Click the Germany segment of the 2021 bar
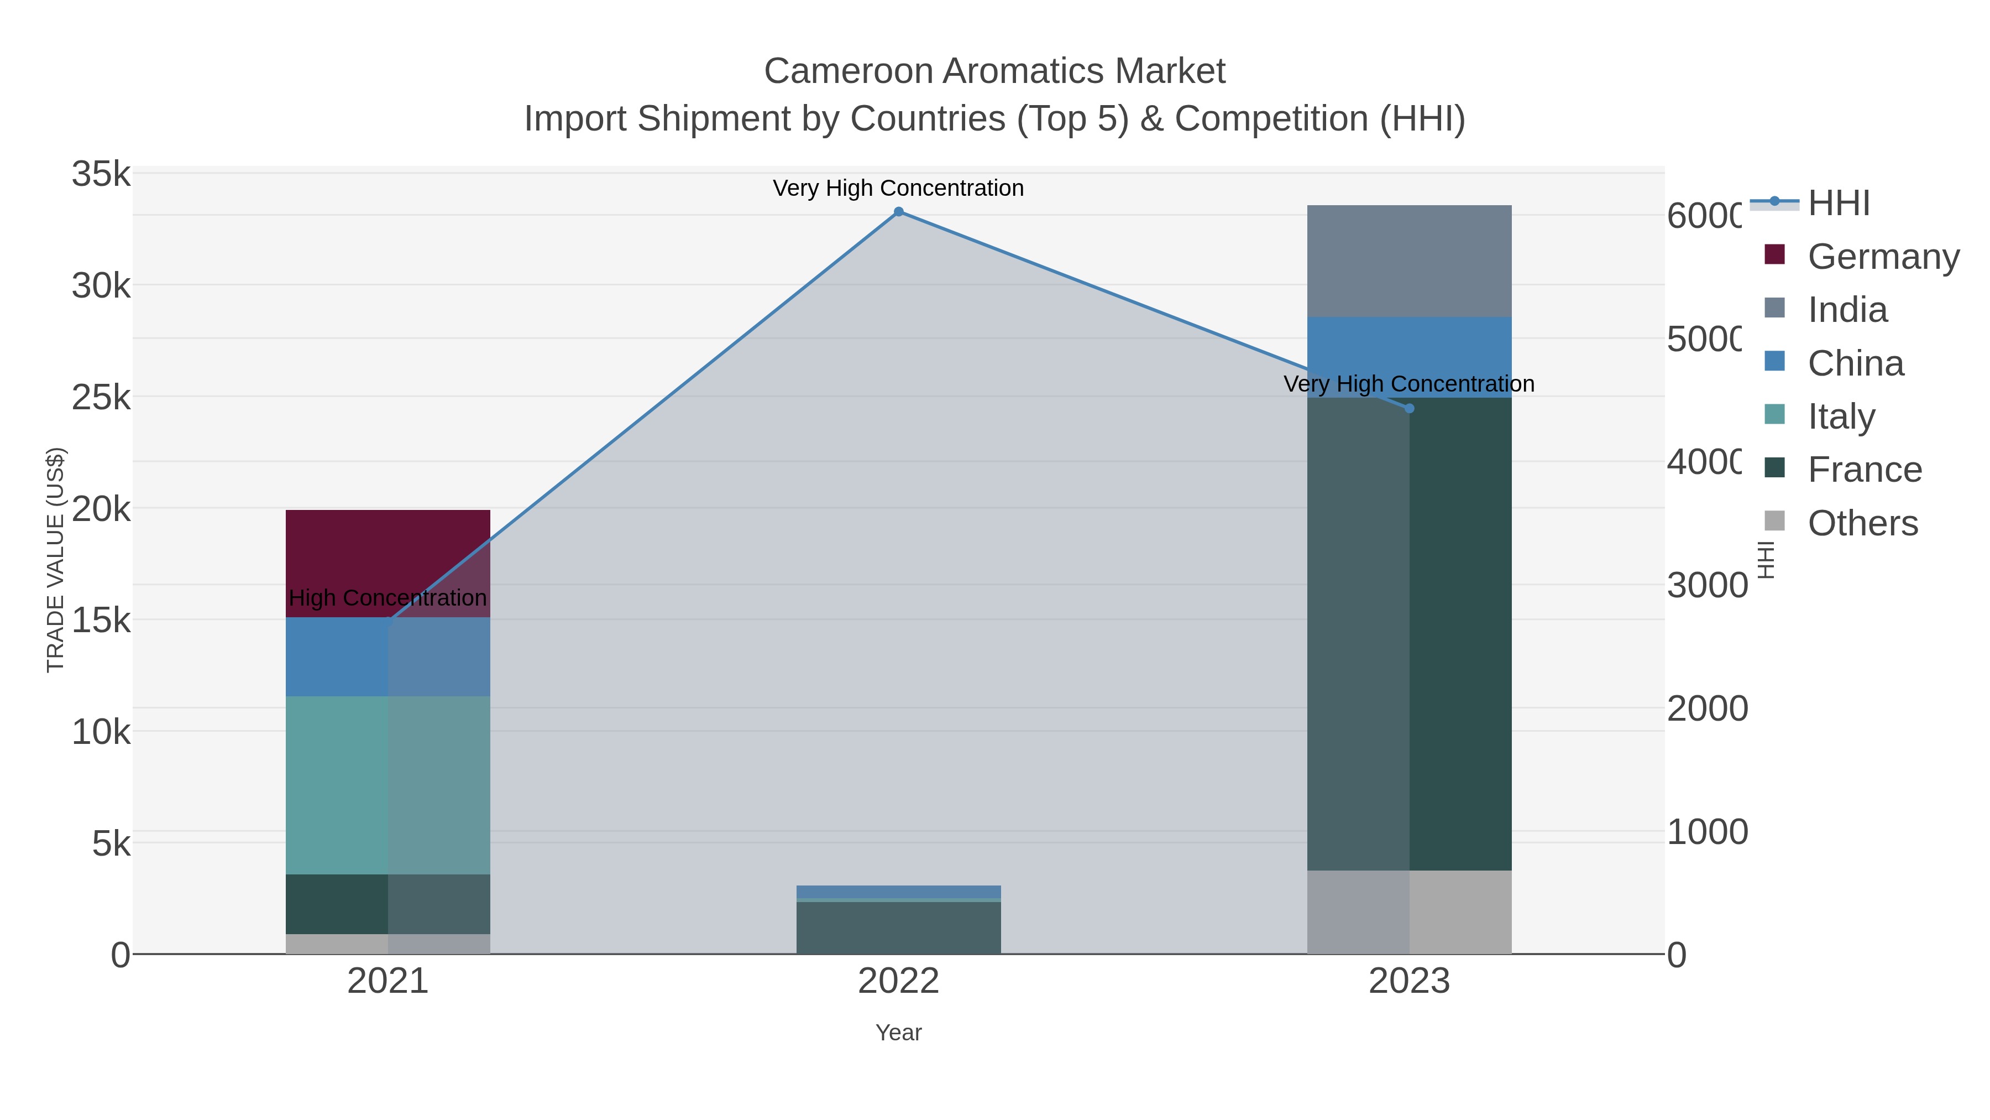pyautogui.click(x=388, y=562)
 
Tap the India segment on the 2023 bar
pyautogui.click(x=1408, y=261)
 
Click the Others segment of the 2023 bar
pyautogui.click(x=1408, y=911)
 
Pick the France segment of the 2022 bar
pyautogui.click(x=898, y=928)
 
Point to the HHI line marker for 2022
pyautogui.click(x=898, y=212)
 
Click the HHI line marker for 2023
pyautogui.click(x=1409, y=408)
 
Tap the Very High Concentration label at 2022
pyautogui.click(x=898, y=188)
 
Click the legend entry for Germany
pyautogui.click(x=1883, y=256)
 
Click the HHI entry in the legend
pyautogui.click(x=1839, y=204)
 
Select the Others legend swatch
pyautogui.click(x=1775, y=521)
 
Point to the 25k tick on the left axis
pyautogui.click(x=101, y=397)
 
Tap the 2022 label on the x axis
pyautogui.click(x=898, y=981)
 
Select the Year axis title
pyautogui.click(x=898, y=1032)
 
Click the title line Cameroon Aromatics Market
pyautogui.click(x=994, y=71)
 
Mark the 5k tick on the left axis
pyautogui.click(x=111, y=843)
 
